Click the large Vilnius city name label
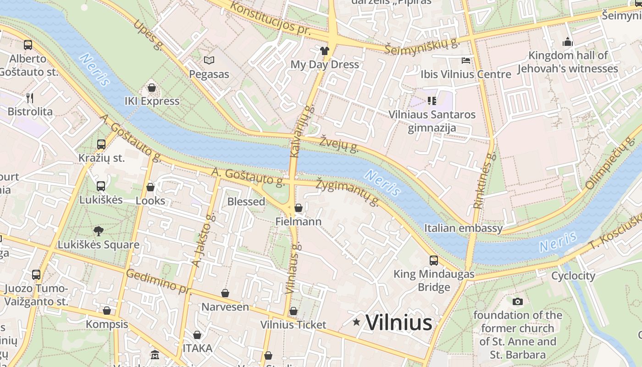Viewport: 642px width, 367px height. pyautogui.click(x=398, y=323)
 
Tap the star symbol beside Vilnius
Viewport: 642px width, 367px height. pyautogui.click(x=356, y=322)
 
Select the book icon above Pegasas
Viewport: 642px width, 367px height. pyautogui.click(x=209, y=60)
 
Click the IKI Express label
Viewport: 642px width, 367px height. pyautogui.click(x=152, y=101)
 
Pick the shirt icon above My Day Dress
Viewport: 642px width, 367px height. pyautogui.click(x=325, y=50)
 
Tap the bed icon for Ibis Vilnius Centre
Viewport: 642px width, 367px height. pyautogui.click(x=466, y=60)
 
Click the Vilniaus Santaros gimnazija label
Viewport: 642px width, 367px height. pyautogui.click(x=432, y=121)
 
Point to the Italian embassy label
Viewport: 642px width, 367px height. pyautogui.click(x=463, y=228)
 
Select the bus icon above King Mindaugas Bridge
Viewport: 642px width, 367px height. pyautogui.click(x=434, y=261)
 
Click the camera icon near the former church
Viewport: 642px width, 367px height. pyautogui.click(x=518, y=301)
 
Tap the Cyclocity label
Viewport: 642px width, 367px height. pyautogui.click(x=573, y=276)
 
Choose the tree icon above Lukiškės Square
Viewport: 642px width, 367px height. pyautogui.click(x=98, y=231)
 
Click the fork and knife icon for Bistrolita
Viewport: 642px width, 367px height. pyautogui.click(x=30, y=98)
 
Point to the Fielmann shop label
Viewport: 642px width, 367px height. pyautogui.click(x=298, y=222)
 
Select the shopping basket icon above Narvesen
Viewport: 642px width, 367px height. pyautogui.click(x=225, y=293)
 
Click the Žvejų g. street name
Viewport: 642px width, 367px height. pyautogui.click(x=339, y=143)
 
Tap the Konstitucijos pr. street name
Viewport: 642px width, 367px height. pyautogui.click(x=270, y=19)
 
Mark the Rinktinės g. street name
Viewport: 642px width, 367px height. pyautogui.click(x=485, y=181)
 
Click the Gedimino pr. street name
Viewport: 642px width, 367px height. pyautogui.click(x=158, y=281)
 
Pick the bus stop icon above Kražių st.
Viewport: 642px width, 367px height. pyautogui.click(x=101, y=145)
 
